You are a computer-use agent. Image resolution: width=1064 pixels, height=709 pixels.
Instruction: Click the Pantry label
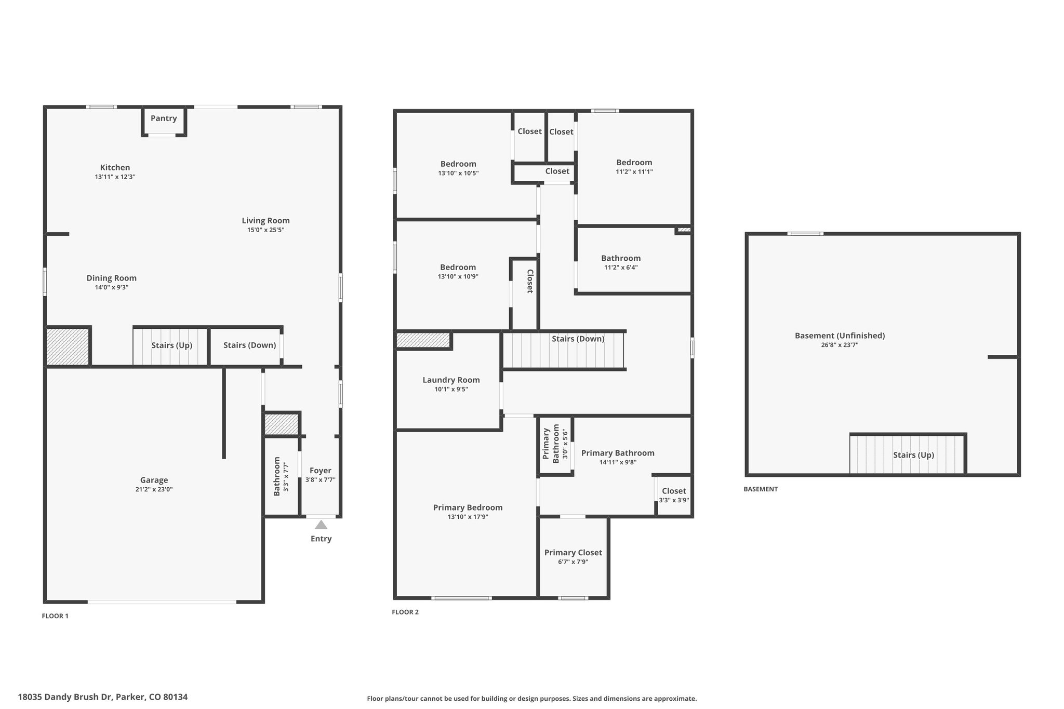point(164,118)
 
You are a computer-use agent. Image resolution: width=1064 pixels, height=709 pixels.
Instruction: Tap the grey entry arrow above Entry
point(321,525)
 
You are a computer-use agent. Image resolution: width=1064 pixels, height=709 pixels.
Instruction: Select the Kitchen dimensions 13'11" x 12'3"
point(115,177)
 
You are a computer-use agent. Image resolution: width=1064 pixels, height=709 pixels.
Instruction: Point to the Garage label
point(154,480)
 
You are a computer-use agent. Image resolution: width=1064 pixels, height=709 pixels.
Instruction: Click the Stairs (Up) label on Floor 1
point(172,345)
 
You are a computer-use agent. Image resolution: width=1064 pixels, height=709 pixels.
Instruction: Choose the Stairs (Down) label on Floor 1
point(249,345)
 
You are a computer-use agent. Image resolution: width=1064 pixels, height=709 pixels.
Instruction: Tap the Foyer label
point(321,471)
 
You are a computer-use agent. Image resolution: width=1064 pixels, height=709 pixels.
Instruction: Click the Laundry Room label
point(451,380)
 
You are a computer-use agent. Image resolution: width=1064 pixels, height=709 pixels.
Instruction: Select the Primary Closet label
point(573,553)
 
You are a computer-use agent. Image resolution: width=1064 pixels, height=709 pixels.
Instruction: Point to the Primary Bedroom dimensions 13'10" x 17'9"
point(468,517)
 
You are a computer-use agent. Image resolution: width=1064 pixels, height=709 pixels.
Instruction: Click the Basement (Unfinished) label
point(840,336)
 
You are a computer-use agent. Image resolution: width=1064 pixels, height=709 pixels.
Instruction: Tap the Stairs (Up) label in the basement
point(913,455)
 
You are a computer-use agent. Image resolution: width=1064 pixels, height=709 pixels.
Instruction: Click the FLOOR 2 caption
point(405,612)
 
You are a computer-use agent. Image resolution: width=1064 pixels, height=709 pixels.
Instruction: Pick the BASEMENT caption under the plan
point(761,489)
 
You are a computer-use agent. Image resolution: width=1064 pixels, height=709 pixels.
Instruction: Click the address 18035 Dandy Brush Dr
point(65,697)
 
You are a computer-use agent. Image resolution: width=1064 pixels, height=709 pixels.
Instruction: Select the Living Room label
point(265,221)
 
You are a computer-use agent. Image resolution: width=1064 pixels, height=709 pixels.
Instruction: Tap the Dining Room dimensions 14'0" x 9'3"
point(111,287)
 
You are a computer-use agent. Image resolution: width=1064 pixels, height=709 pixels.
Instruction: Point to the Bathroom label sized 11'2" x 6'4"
point(621,258)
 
